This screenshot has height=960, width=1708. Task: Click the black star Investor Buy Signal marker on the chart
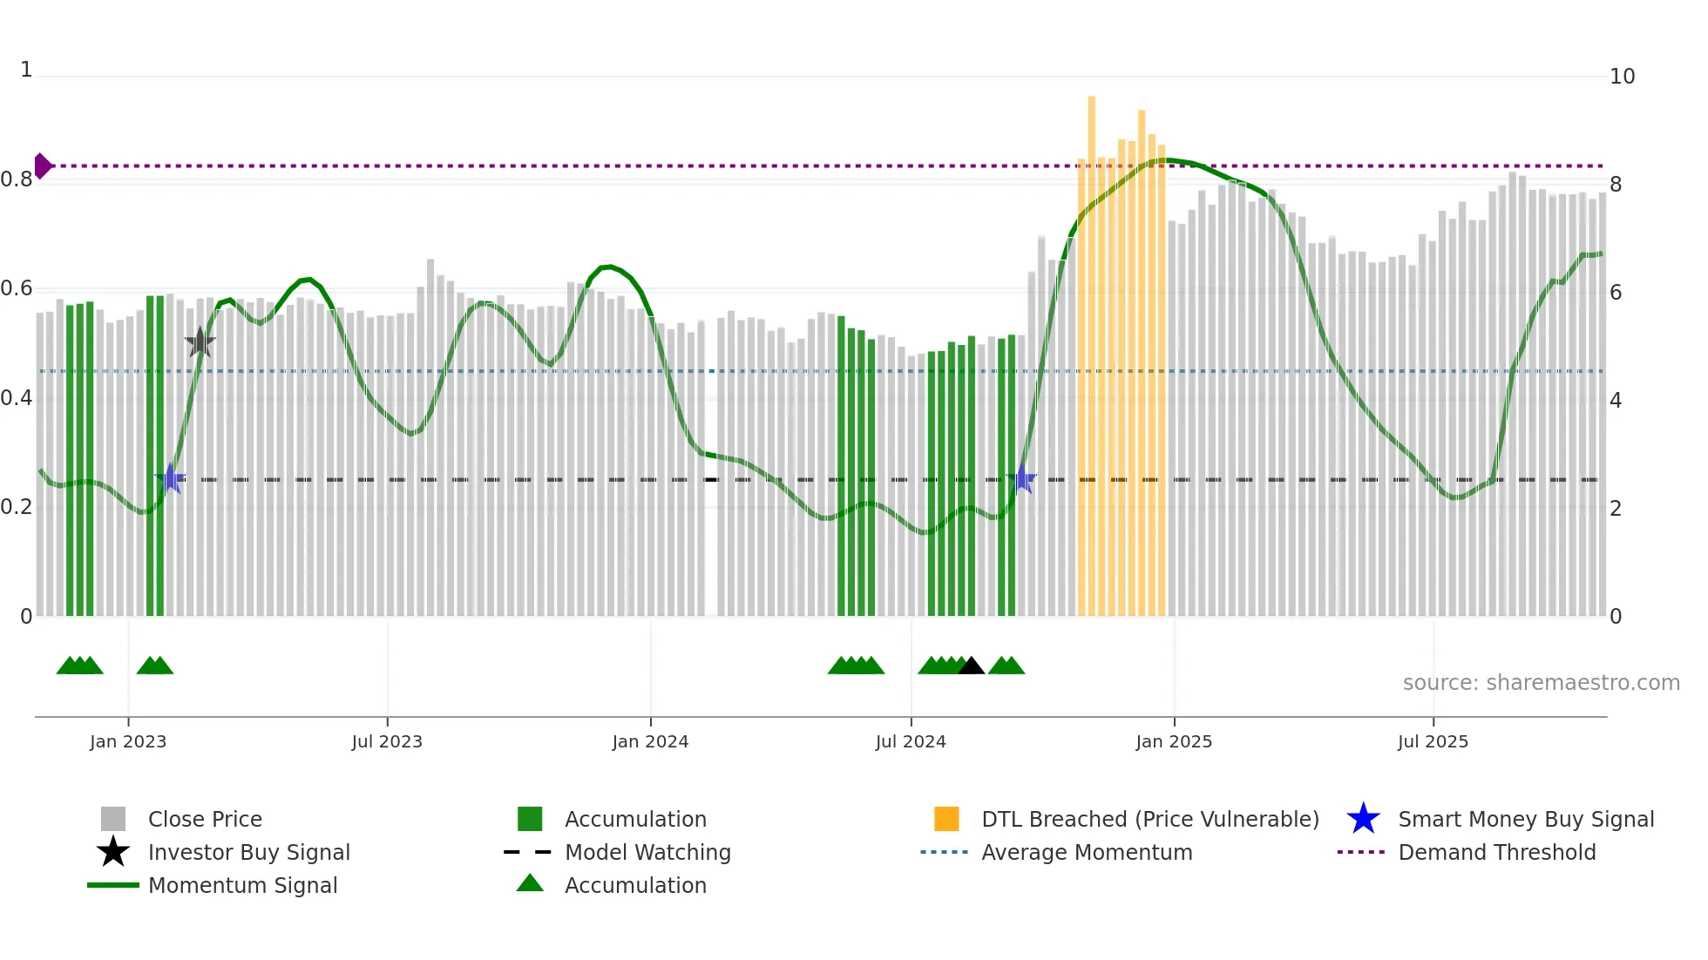click(200, 342)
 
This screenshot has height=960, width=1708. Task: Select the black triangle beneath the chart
click(971, 666)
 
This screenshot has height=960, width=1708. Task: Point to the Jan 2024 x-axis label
click(650, 741)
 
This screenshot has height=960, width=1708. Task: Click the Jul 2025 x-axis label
click(1433, 741)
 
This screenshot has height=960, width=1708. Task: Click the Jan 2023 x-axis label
click(128, 741)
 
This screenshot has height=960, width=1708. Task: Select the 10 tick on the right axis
click(1622, 77)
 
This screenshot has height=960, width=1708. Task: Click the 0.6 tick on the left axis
click(17, 288)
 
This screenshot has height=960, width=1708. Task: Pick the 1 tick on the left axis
click(26, 70)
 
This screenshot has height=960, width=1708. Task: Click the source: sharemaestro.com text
click(1541, 683)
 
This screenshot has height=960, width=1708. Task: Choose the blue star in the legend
click(1363, 819)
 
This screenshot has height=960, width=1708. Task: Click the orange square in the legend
click(946, 819)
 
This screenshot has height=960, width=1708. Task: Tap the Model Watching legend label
click(647, 852)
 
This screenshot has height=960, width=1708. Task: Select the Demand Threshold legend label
click(1496, 852)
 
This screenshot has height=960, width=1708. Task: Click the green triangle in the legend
click(530, 883)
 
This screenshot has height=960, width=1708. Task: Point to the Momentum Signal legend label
click(242, 885)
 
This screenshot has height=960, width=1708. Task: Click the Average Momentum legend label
click(1087, 852)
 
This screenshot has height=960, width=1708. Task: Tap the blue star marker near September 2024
click(1022, 479)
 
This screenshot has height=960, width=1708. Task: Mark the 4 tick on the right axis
click(1615, 401)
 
